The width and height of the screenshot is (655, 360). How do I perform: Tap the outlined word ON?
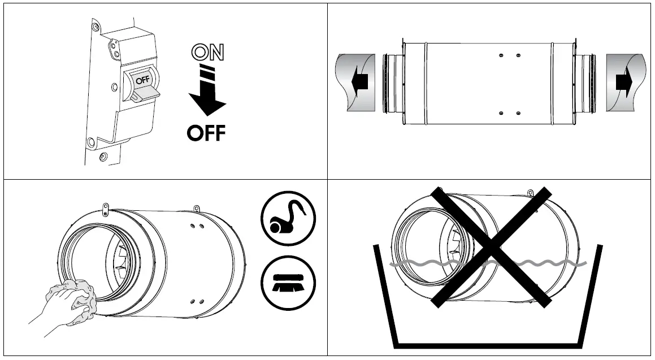coord(207,53)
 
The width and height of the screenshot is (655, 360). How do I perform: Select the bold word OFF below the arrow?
coord(206,133)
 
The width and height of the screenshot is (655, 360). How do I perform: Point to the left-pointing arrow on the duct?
coord(359,83)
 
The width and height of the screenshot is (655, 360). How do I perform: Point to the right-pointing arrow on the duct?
coord(624,83)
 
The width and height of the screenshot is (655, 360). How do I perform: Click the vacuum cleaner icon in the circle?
coord(288,218)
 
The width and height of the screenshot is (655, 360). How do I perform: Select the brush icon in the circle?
coord(288,281)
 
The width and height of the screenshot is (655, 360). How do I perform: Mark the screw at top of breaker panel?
coord(96,27)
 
